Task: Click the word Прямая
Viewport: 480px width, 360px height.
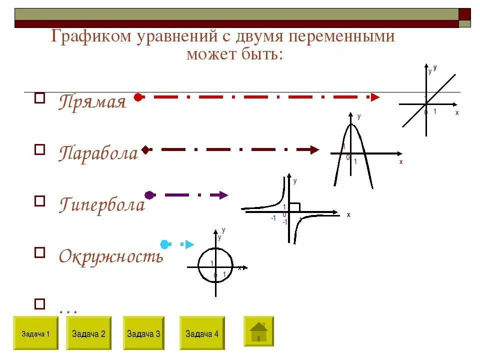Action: point(92,102)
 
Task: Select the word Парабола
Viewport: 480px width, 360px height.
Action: point(98,153)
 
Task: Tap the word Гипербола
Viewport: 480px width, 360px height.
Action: point(102,204)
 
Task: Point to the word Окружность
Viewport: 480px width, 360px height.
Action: point(111,256)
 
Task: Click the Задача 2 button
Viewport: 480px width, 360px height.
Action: point(88,333)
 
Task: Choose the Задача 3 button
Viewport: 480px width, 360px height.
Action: point(143,333)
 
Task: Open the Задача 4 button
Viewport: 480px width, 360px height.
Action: point(202,333)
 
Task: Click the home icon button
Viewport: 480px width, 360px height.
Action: point(258,331)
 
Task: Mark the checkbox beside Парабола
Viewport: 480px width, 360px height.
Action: point(39,148)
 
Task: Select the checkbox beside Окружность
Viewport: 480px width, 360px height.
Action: point(39,252)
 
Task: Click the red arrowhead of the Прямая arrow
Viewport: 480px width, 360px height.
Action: point(375,97)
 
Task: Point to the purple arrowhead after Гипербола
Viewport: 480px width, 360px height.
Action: point(223,195)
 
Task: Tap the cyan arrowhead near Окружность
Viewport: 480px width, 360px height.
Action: point(189,244)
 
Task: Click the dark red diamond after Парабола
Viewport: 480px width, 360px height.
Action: point(145,149)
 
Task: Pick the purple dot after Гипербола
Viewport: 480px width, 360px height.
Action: point(148,195)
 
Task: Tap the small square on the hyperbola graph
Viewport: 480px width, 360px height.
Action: point(294,207)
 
